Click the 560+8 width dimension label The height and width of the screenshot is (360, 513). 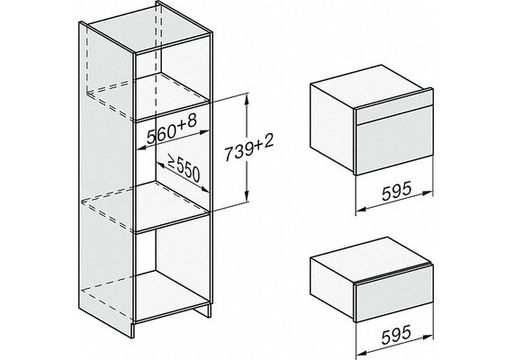coord(172,130)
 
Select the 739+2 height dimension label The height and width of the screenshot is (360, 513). coord(249,148)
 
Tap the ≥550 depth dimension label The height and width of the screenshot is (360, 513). coord(184,168)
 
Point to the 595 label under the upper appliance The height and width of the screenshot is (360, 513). coord(396,191)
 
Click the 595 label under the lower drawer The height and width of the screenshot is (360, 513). coord(396,335)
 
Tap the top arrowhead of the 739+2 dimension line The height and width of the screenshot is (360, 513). coord(246,98)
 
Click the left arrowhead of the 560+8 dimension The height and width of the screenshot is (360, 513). coord(141,148)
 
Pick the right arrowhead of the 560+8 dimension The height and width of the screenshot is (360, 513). coord(203,132)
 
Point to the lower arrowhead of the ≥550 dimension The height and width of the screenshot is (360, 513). coord(205,188)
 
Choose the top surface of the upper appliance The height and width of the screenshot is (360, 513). coord(371,87)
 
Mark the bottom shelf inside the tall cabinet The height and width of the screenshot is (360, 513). coord(172,293)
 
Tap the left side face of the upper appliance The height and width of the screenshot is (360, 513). coord(332,128)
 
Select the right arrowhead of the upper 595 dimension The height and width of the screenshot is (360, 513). coord(427,193)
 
